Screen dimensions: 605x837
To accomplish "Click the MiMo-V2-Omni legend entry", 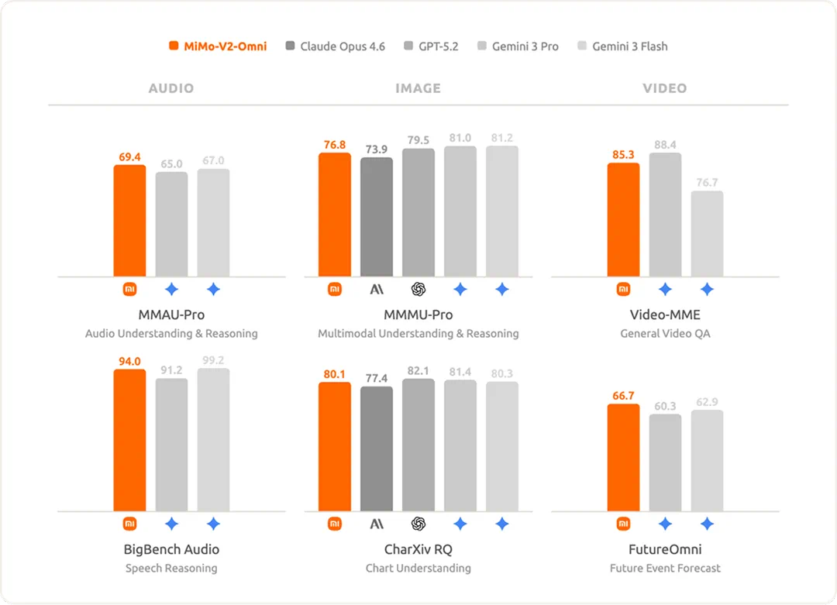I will pos(218,46).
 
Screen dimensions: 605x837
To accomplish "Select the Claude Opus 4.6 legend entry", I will pos(335,46).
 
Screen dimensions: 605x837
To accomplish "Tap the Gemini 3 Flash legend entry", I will pos(622,46).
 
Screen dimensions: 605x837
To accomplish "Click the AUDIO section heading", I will pos(170,88).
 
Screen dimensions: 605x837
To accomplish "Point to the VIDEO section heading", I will pos(664,88).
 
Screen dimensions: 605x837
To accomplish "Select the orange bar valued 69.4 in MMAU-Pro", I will pos(129,221).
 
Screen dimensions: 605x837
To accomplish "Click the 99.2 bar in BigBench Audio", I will pos(213,440).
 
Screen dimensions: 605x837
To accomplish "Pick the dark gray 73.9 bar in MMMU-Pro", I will pos(377,217).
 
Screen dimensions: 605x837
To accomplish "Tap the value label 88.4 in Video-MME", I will pos(665,144).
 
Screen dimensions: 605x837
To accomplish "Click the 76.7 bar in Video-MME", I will pos(707,234).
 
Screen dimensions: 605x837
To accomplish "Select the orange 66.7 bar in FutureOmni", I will pos(623,458).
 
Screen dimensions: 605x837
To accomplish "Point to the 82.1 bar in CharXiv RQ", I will pos(418,445).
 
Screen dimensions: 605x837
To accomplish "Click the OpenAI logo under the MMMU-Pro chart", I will pos(418,289).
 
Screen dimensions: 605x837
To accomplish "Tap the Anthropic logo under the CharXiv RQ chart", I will pos(377,524).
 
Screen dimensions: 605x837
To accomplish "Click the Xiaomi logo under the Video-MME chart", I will pos(623,289).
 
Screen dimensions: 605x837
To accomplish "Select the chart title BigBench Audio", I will pos(171,549).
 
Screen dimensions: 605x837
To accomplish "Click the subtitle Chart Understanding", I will pos(418,568).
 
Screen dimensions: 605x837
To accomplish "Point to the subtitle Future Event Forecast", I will pos(664,568).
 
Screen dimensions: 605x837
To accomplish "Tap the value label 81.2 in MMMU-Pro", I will pos(501,138).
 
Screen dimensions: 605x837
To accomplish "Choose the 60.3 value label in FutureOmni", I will pos(665,406).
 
